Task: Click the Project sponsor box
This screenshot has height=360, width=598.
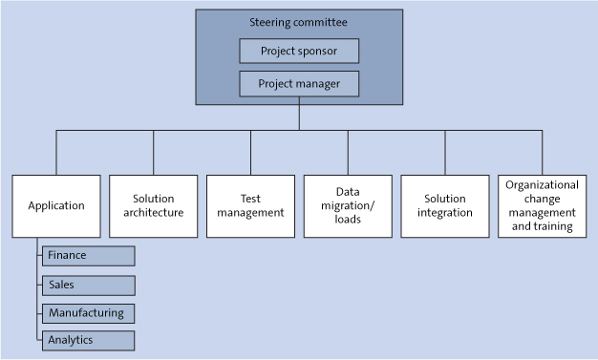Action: point(299,52)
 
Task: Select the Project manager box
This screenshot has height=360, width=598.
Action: point(299,84)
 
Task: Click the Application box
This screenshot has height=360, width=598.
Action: point(56,205)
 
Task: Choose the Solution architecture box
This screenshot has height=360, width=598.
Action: point(153,205)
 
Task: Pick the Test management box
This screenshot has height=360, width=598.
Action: point(250,205)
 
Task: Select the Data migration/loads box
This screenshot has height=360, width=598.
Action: point(348,205)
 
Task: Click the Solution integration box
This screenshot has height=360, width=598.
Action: point(445,205)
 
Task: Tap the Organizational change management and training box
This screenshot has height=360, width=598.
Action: point(542,205)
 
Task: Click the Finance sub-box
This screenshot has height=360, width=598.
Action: point(88,256)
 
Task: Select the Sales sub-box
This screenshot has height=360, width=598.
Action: point(88,285)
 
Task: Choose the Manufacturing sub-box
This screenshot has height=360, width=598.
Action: point(88,312)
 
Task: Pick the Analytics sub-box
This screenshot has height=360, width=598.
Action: point(88,340)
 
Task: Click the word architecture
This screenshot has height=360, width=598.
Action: point(153,213)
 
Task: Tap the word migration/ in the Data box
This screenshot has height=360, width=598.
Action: point(348,205)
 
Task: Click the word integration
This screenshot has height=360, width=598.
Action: point(445,213)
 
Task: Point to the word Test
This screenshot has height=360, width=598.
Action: point(250,199)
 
